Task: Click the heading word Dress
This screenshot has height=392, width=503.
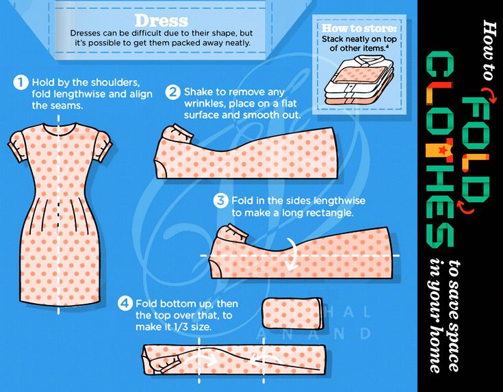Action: click(x=161, y=21)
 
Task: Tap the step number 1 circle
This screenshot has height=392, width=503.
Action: click(x=21, y=83)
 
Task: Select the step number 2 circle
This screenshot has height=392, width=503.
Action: click(x=172, y=92)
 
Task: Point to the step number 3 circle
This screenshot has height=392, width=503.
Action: click(x=220, y=201)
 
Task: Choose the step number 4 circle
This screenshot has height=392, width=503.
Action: click(x=125, y=303)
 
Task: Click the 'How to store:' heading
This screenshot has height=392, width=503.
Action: click(x=359, y=28)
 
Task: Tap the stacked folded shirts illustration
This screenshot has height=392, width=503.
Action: click(x=359, y=80)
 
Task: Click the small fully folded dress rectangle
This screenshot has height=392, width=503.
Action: click(x=293, y=313)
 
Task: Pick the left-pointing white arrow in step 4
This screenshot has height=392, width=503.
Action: click(x=266, y=360)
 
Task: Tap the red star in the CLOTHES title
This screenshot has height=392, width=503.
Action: click(x=442, y=150)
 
